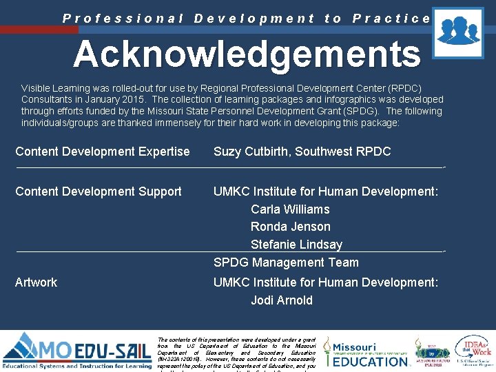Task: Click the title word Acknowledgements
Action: (247, 54)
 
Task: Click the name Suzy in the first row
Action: (227, 152)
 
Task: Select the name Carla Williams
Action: (290, 209)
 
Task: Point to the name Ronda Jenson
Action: (290, 227)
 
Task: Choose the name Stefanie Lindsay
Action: (296, 245)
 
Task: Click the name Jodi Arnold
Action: (281, 300)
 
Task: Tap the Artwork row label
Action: (36, 282)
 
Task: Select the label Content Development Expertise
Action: (102, 152)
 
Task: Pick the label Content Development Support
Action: (99, 192)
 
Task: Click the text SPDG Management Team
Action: (286, 262)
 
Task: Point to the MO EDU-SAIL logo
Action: (76, 351)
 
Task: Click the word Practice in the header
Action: (391, 19)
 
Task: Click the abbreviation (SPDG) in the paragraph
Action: (365, 112)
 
